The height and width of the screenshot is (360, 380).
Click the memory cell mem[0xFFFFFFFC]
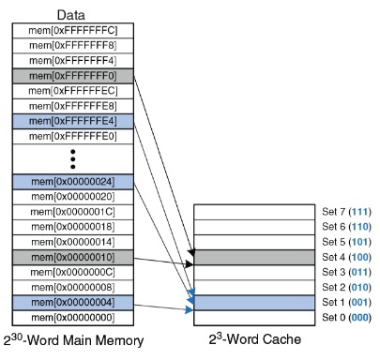click(x=71, y=31)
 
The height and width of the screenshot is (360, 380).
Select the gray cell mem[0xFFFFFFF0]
click(x=71, y=76)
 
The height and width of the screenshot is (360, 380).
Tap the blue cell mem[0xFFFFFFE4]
click(x=71, y=121)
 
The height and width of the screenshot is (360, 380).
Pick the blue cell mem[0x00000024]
click(x=71, y=182)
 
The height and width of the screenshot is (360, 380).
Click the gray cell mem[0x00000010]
click(x=71, y=257)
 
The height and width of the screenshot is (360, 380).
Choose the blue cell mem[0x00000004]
click(x=71, y=302)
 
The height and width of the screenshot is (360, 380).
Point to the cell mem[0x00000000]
click(x=71, y=317)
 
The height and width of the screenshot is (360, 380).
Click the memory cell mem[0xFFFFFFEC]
click(x=71, y=91)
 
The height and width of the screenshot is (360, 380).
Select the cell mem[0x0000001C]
click(x=71, y=212)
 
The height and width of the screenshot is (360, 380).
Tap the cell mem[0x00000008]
click(x=71, y=287)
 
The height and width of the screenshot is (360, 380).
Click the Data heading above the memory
click(x=71, y=14)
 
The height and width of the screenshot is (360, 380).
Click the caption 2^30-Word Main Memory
click(x=73, y=340)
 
